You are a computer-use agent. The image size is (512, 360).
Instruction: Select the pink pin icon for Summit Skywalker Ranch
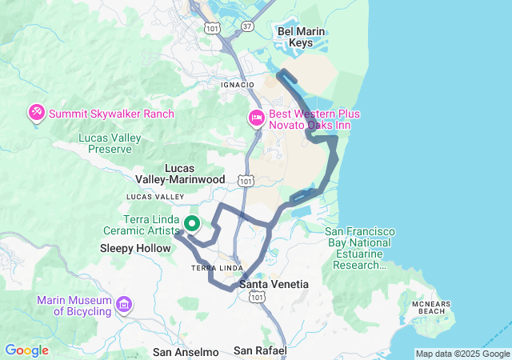[36, 114]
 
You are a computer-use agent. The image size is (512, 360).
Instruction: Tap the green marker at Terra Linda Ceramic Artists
[192, 224]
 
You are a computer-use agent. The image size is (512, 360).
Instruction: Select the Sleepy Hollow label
[135, 248]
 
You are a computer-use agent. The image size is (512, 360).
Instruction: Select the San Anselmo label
[186, 352]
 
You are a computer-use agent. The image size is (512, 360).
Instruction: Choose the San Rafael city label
[260, 351]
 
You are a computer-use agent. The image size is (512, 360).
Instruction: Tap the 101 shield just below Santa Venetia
[255, 298]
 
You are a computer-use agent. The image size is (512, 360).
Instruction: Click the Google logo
[26, 350]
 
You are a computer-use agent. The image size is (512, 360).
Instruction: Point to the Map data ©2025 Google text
[462, 354]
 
